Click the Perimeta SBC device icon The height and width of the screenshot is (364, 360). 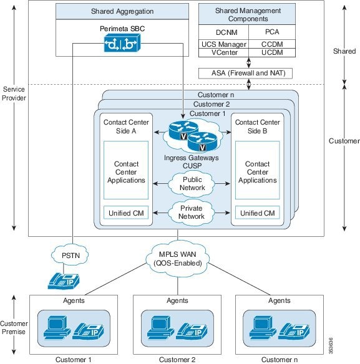pos(122,43)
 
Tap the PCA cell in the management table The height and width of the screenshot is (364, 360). pos(272,32)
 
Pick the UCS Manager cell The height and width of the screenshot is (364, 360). pos(223,44)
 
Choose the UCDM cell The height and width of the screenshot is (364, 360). pos(272,53)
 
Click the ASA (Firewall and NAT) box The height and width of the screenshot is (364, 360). pos(245,74)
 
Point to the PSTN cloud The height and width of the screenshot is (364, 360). pos(70,256)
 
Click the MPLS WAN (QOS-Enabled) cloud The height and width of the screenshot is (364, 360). pos(178,259)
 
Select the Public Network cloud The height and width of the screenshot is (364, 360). pos(192,184)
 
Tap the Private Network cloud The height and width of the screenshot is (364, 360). pos(192,213)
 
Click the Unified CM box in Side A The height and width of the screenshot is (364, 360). pos(126,213)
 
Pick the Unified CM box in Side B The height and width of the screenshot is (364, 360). pos(258,213)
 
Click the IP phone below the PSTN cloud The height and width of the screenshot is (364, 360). pos(64,281)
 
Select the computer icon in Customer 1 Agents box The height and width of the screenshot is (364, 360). pos(57,327)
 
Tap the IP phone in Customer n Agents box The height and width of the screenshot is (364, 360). pos(294,331)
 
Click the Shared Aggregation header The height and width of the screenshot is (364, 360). pos(122,11)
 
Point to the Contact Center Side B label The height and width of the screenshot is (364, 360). pos(258,127)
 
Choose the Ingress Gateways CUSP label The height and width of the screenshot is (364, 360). pos(192,162)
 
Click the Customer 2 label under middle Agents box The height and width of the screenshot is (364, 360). pos(177,360)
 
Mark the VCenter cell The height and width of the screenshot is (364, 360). pos(223,53)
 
